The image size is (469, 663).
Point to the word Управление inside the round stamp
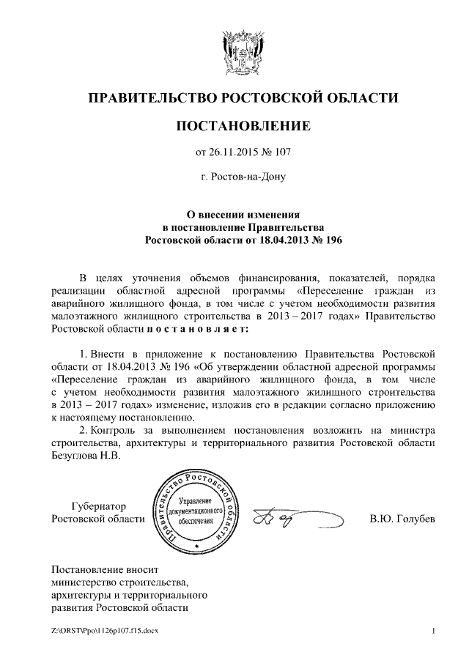tap(195, 498)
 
